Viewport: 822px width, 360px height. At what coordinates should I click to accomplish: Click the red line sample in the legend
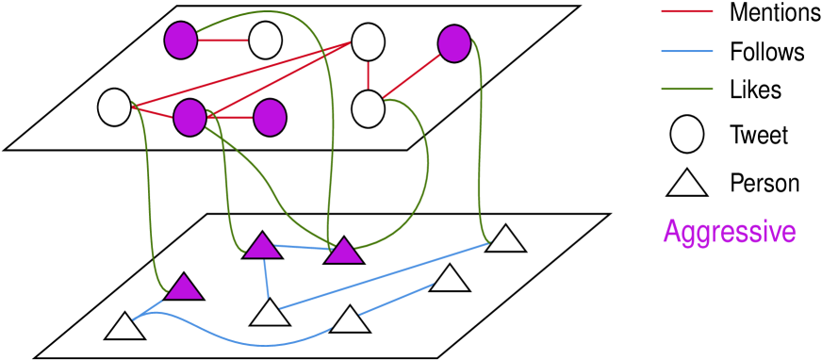click(686, 11)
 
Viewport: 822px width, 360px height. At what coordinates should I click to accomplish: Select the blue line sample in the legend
click(686, 51)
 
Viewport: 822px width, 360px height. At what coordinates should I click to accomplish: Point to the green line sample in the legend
click(686, 90)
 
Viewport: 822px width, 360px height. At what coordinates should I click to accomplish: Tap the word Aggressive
click(729, 232)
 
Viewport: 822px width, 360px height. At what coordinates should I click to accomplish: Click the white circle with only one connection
click(265, 41)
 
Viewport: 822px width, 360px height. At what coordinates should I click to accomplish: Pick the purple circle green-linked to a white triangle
click(453, 43)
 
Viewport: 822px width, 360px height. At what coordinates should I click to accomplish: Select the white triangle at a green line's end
click(505, 240)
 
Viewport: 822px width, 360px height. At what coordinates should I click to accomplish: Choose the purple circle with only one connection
click(270, 118)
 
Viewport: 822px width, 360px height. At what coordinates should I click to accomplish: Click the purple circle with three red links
click(189, 117)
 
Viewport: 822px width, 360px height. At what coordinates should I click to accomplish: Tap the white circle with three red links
click(368, 41)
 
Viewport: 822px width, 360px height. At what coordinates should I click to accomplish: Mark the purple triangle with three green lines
click(344, 252)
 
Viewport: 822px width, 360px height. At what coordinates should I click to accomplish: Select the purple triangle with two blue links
click(262, 247)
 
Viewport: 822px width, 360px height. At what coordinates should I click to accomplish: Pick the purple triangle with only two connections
click(184, 287)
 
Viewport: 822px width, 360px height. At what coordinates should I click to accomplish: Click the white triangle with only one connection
click(450, 279)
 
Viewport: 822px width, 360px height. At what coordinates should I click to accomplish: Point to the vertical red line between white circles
click(368, 75)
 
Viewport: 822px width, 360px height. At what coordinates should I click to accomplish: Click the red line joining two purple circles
click(231, 118)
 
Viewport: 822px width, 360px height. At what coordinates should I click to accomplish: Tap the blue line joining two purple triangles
click(303, 248)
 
